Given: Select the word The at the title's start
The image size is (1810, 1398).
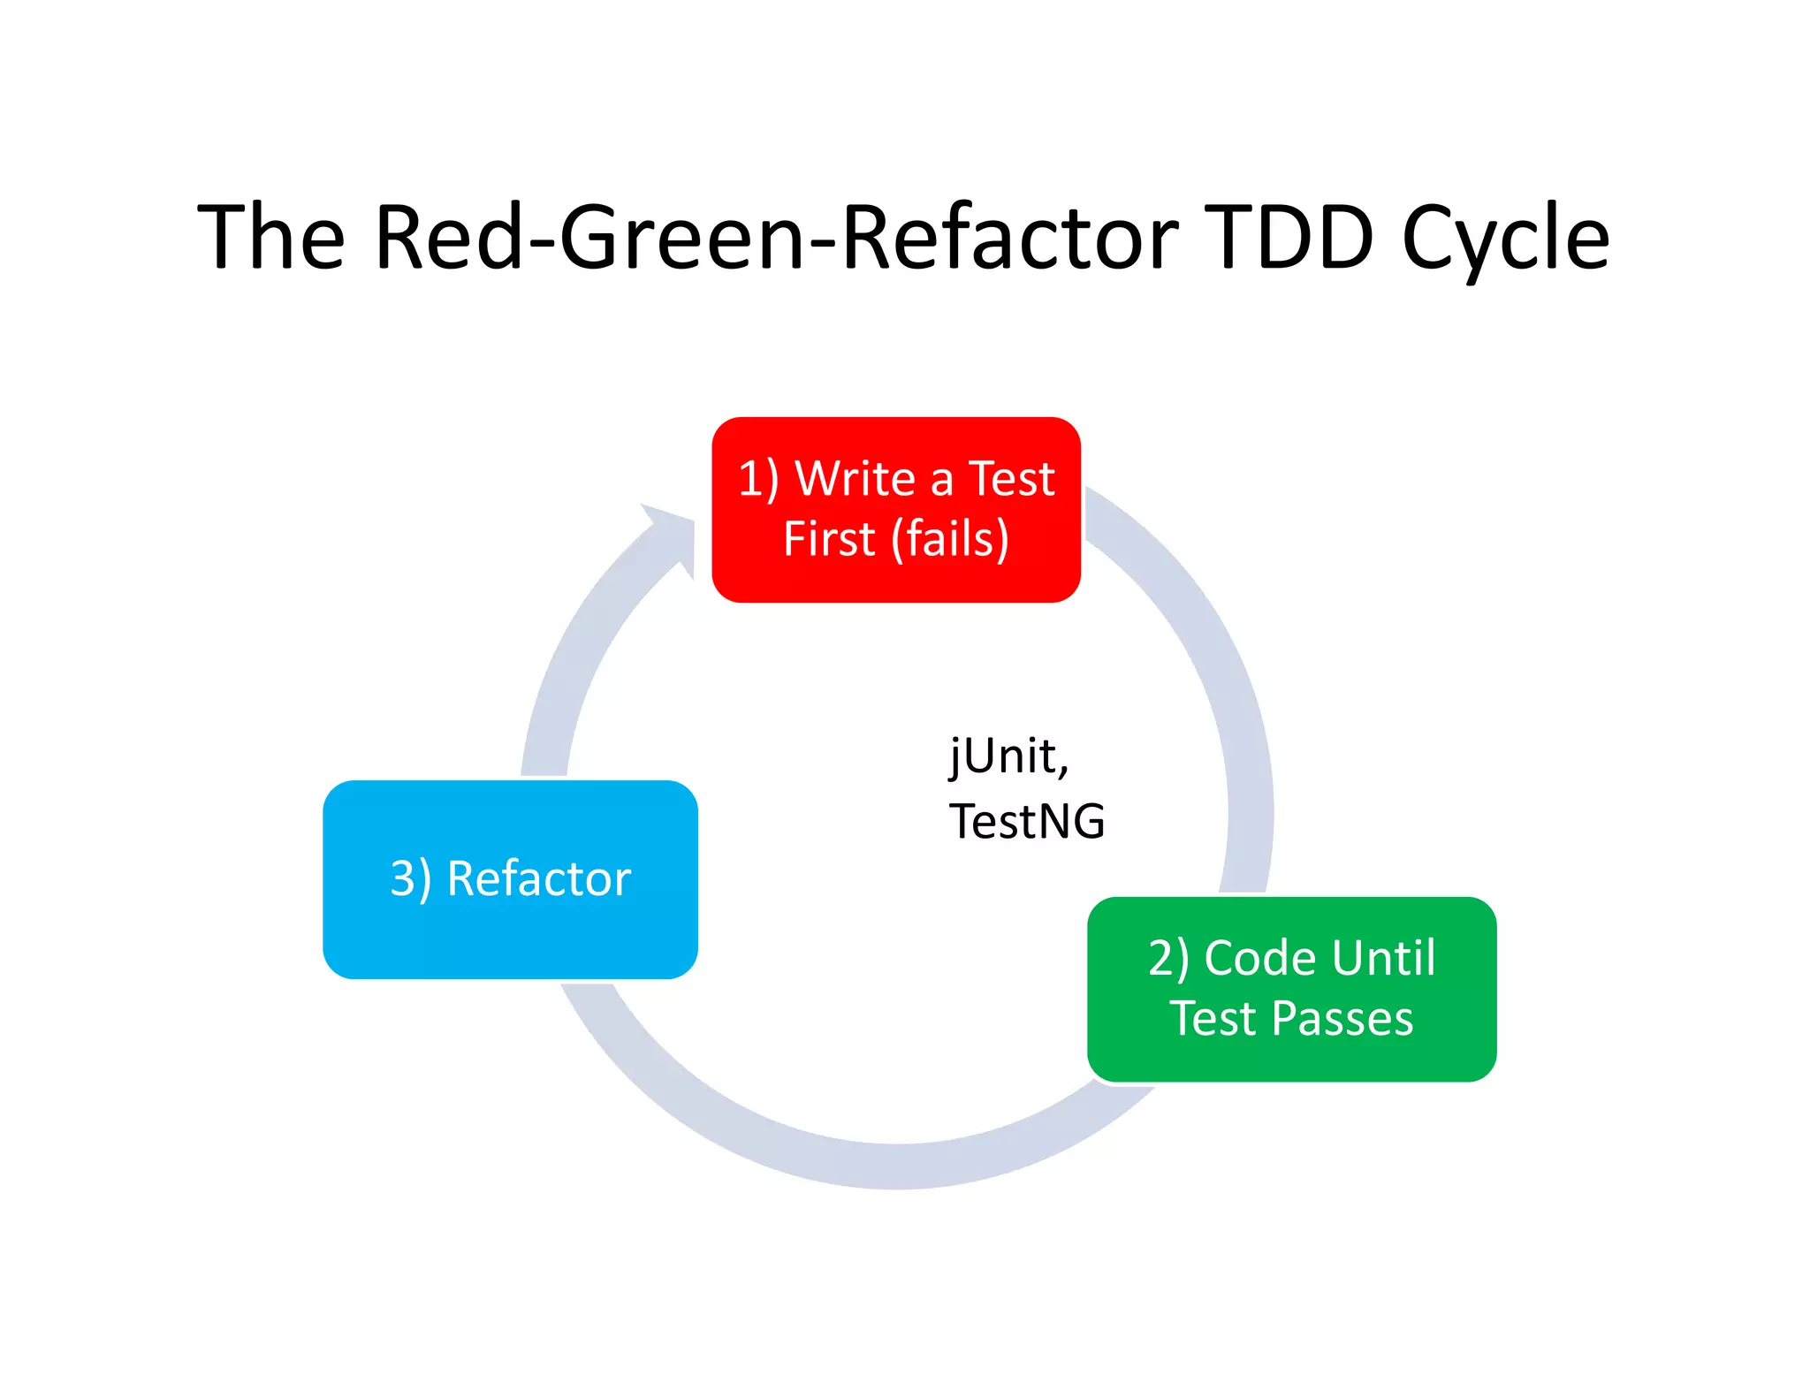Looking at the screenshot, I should point(270,237).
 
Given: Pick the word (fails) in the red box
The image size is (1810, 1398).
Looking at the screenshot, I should point(950,539).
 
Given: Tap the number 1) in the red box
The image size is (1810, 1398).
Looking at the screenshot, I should point(758,479).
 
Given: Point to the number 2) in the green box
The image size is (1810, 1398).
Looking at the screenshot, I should point(1168,958).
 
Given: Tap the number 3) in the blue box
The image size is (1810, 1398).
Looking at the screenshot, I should point(411,879).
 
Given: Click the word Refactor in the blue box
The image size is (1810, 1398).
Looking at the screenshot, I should point(539,879).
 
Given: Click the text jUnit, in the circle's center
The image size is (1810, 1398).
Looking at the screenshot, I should point(1009,757).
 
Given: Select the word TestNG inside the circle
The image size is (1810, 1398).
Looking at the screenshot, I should point(1027,821).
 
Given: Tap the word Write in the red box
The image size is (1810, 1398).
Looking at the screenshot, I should point(855,479).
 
